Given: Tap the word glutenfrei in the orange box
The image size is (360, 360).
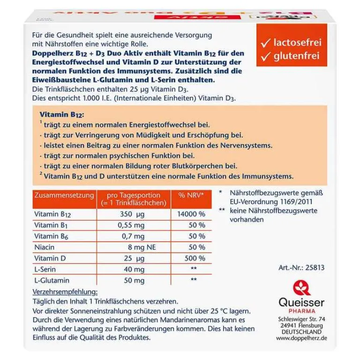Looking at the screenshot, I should pos(296,57).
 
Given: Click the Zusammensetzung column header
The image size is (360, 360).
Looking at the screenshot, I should pos(64,195).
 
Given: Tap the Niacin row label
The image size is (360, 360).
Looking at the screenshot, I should pos(44,247).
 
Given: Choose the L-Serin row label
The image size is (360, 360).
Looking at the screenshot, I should pos(45,269).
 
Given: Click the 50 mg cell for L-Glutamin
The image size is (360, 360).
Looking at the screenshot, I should pos(134,280).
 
